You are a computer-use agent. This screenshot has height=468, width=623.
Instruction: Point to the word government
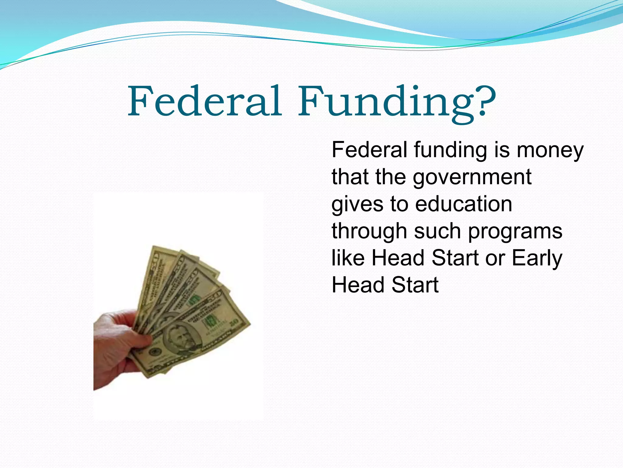tap(472, 177)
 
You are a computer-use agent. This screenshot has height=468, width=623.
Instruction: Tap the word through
tap(369, 231)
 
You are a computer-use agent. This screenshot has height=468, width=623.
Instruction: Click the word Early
tap(537, 258)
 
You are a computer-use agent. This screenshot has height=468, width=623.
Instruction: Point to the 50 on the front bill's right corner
tap(235, 323)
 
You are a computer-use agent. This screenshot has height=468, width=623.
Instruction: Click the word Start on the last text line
tap(415, 285)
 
